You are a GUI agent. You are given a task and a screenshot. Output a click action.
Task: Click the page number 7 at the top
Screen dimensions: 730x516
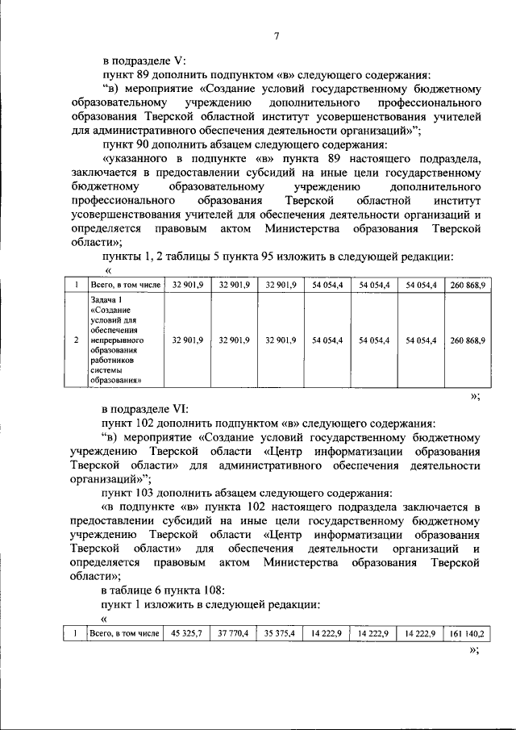[x=276, y=36]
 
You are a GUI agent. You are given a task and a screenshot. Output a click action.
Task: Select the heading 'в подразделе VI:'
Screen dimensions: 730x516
[x=146, y=408]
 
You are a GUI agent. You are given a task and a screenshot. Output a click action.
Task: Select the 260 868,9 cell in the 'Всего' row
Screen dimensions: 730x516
[x=468, y=285]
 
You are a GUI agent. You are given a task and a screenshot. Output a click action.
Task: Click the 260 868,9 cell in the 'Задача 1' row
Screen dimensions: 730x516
[x=468, y=340]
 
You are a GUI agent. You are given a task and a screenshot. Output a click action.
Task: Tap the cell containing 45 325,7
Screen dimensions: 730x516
[x=186, y=634]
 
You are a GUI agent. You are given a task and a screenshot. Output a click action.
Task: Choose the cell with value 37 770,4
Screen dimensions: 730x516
[x=233, y=634]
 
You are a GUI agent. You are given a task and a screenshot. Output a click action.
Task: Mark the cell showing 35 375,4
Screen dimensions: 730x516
[x=281, y=634]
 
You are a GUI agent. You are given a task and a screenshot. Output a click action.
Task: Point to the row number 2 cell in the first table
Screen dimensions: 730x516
[x=75, y=340]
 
